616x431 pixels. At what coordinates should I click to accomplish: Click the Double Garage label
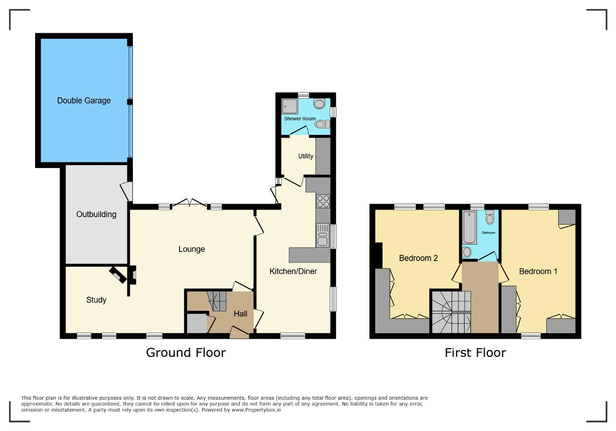(84, 101)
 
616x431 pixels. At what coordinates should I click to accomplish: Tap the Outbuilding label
(96, 214)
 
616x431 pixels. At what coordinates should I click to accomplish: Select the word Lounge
(192, 249)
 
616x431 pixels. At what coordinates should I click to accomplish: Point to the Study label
(96, 300)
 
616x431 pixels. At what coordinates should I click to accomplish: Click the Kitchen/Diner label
(293, 272)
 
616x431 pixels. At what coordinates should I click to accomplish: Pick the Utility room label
(306, 156)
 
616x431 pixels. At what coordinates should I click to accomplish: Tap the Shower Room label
(300, 118)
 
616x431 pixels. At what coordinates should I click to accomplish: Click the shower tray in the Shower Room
(290, 106)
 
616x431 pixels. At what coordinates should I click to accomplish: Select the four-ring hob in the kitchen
(323, 201)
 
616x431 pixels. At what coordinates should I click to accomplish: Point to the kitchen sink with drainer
(323, 235)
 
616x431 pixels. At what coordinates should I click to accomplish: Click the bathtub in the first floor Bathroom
(469, 227)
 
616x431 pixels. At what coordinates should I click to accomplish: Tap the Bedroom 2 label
(418, 258)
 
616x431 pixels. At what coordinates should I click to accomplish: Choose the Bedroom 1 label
(538, 272)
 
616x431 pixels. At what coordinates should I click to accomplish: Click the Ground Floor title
(186, 353)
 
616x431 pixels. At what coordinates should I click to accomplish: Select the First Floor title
(475, 353)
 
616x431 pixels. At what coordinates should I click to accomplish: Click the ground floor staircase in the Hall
(217, 301)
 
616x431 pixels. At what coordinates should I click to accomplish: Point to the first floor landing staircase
(451, 312)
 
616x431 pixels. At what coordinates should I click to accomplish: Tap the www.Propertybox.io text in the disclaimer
(257, 410)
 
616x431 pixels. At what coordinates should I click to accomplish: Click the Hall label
(240, 314)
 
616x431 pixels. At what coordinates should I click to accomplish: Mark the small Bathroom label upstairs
(488, 233)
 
